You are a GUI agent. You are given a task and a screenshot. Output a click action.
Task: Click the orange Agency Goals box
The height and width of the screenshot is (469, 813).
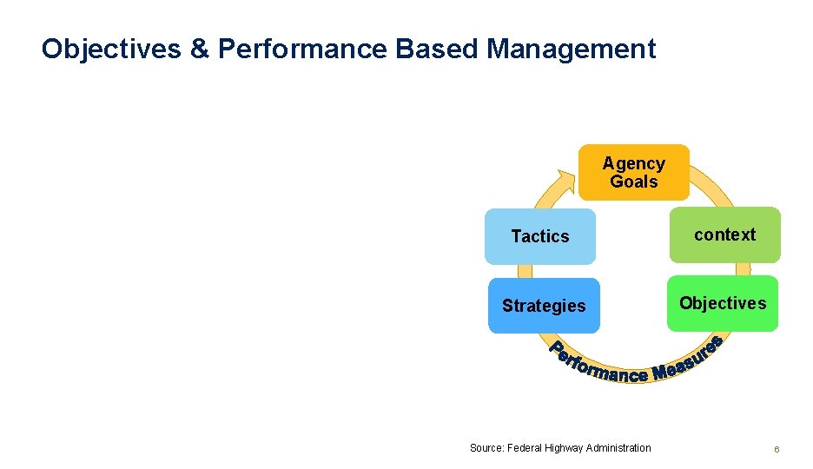[633, 173]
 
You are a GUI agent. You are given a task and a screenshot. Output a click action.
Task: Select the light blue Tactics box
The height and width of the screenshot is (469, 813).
[540, 236]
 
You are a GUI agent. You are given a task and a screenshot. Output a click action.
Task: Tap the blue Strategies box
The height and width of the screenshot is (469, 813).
[544, 306]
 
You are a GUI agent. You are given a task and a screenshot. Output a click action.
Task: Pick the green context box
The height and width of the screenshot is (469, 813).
[724, 234]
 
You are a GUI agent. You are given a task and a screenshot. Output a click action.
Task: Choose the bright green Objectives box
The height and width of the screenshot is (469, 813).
[723, 303]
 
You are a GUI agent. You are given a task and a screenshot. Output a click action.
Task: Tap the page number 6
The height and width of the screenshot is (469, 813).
[777, 449]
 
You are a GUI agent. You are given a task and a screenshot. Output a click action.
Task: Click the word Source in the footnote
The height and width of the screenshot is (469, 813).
[485, 448]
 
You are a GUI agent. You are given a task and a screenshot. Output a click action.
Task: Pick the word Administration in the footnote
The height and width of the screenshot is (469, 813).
[618, 448]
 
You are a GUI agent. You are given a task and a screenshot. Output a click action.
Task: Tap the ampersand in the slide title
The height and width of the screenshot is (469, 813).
[199, 49]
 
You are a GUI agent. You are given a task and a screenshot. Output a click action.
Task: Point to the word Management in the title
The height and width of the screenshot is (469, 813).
[571, 49]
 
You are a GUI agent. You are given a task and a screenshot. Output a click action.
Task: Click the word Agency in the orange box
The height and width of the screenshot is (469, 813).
[633, 163]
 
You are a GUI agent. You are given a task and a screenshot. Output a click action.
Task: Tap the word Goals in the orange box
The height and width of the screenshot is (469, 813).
[633, 182]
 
